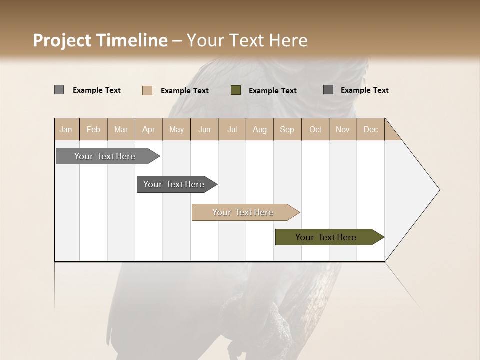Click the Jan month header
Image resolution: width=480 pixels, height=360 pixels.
tap(66, 130)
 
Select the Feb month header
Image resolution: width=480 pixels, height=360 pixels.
tap(93, 130)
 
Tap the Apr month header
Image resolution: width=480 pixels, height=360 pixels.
tap(148, 130)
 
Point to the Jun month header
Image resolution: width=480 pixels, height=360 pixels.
tap(204, 130)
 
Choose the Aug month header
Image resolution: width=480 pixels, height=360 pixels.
tap(259, 130)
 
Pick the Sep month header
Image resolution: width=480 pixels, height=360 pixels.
tap(287, 130)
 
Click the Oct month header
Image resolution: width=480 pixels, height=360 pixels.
tap(315, 130)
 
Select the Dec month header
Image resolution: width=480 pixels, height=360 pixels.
tap(370, 130)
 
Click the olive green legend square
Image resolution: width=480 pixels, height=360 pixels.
tap(236, 90)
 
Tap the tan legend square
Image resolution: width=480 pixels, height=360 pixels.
tap(147, 90)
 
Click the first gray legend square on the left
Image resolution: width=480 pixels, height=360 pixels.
tap(59, 90)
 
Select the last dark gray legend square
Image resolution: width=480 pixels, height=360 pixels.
tap(328, 90)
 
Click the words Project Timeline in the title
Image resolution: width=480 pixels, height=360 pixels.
tap(100, 40)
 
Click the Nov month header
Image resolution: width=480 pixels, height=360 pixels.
tap(343, 130)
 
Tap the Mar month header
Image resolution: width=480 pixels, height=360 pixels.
tap(121, 130)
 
